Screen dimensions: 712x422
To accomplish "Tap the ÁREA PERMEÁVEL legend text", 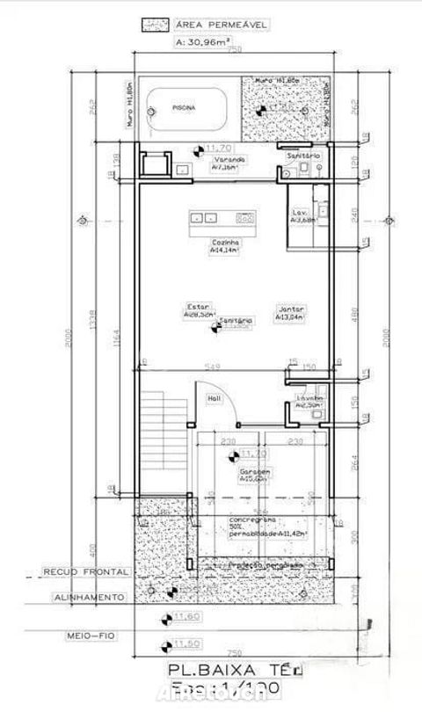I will pos(210,26).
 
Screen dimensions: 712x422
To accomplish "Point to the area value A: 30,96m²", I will pos(205,40).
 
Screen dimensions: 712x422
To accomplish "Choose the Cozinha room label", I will pos(222,242).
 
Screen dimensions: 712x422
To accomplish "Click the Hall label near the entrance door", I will pos(214,398).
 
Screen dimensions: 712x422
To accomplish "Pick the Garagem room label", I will pos(253,472).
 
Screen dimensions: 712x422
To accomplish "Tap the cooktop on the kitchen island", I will pos(245,216).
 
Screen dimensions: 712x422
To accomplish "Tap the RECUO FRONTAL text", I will pos(85,571).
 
